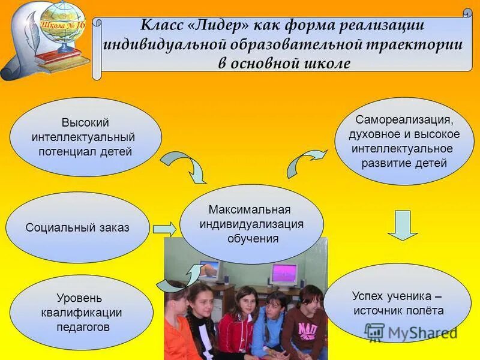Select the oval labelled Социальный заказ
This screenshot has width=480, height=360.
pyautogui.click(x=77, y=227)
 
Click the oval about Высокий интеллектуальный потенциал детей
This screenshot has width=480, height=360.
pyautogui.click(x=85, y=137)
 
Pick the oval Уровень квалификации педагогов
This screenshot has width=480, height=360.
pyautogui.click(x=81, y=312)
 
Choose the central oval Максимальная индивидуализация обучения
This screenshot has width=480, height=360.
pyautogui.click(x=252, y=224)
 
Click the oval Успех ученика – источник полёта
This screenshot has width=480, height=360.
pyautogui.click(x=398, y=302)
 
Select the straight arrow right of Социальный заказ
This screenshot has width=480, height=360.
pyautogui.click(x=164, y=229)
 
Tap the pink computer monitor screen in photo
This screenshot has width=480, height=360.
pyautogui.click(x=284, y=274)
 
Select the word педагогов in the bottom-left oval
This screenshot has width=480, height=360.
pyautogui.click(x=81, y=327)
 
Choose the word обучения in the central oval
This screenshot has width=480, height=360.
pyautogui.click(x=253, y=238)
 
